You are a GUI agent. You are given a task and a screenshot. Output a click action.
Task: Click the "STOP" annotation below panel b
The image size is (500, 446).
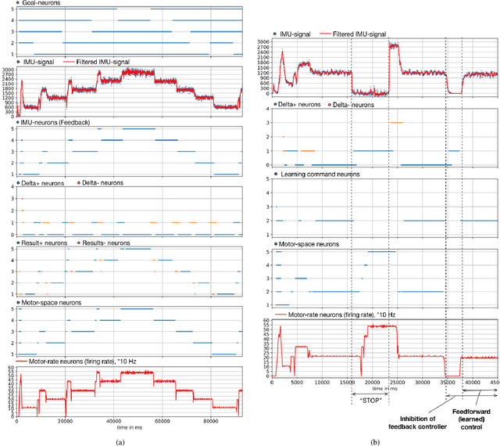click(370, 399)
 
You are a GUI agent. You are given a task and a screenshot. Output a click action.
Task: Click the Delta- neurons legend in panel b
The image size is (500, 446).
click(354, 104)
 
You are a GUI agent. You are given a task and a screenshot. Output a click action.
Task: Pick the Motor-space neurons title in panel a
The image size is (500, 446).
click(52, 300)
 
